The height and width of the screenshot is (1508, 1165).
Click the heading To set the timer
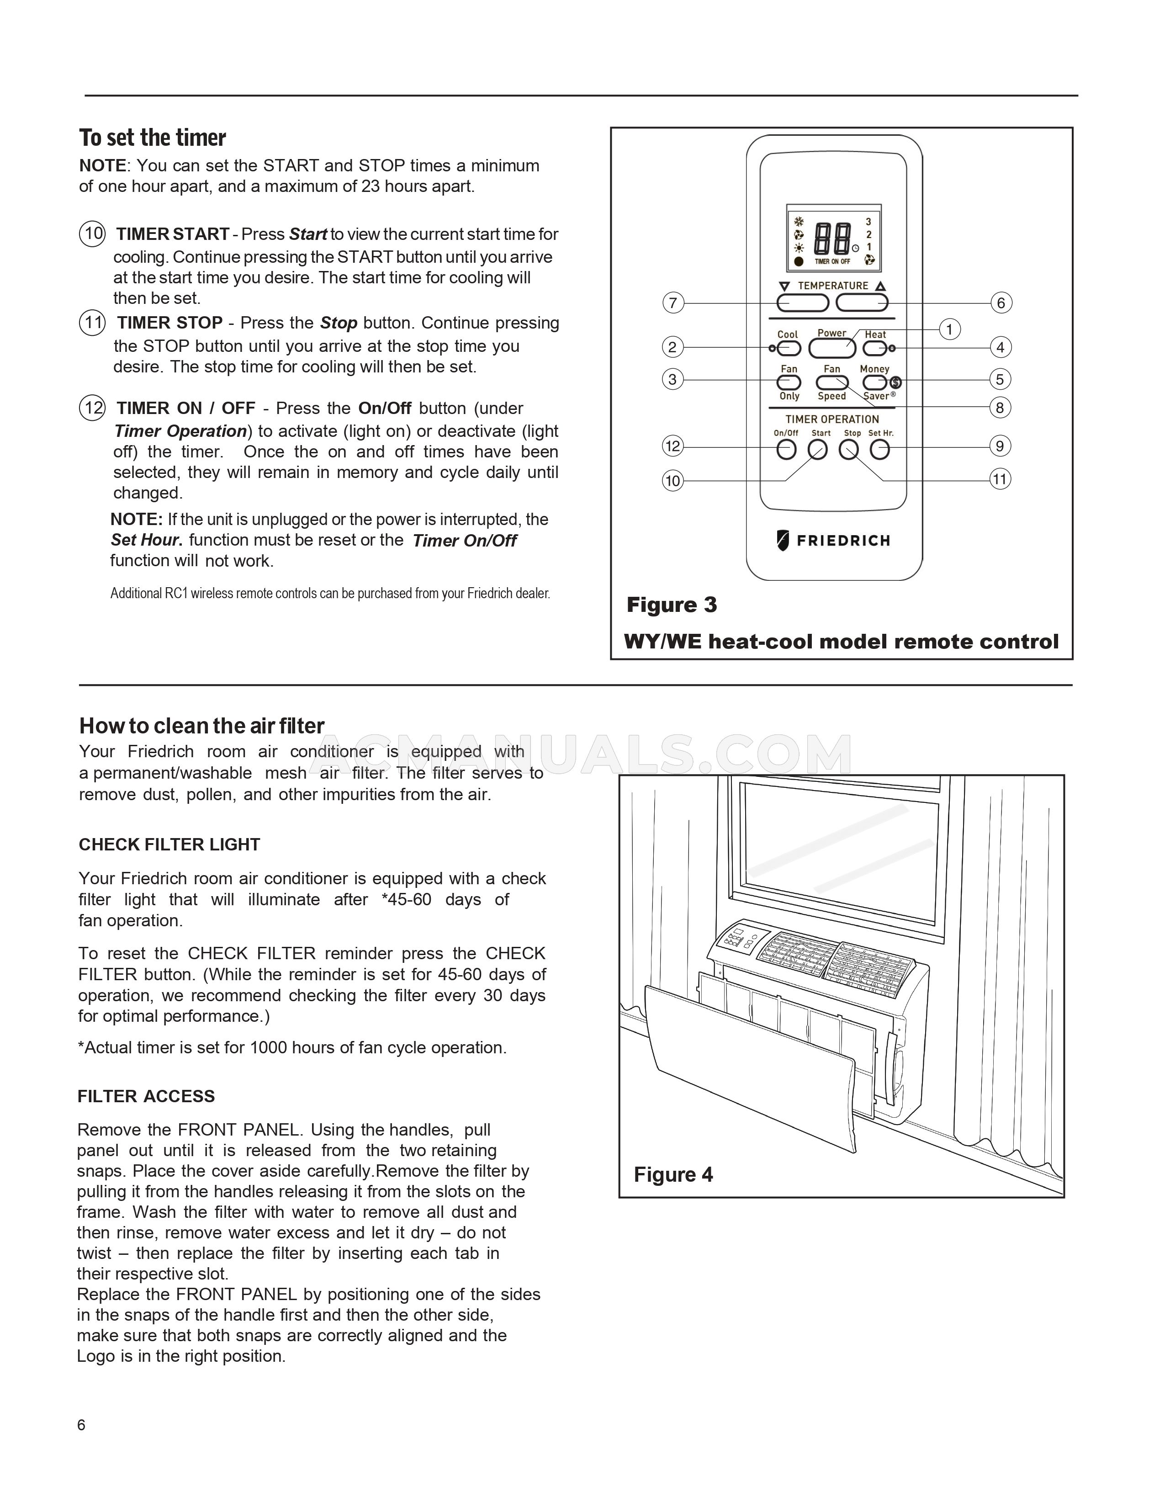click(153, 138)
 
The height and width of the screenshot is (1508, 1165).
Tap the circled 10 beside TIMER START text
click(92, 234)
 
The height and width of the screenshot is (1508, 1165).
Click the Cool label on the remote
click(788, 334)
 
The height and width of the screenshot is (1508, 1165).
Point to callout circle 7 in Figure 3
click(673, 303)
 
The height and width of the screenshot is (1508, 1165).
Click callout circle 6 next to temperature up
click(1001, 303)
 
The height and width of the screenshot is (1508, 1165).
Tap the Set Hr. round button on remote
click(879, 450)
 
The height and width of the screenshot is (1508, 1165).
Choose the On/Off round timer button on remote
click(786, 450)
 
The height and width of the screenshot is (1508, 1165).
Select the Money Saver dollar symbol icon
click(896, 382)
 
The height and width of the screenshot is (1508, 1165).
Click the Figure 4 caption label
click(673, 1174)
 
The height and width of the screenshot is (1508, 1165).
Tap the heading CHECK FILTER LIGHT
click(169, 844)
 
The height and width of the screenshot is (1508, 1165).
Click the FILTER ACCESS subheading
click(146, 1096)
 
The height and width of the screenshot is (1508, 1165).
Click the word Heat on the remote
click(875, 334)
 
